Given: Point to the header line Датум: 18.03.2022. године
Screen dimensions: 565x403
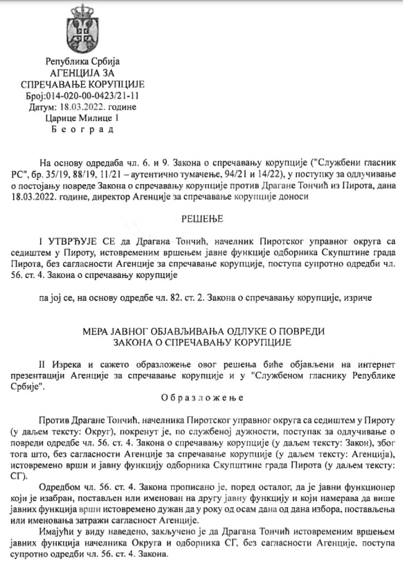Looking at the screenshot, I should tap(82, 107).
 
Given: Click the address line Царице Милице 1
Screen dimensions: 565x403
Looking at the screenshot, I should tap(82, 118).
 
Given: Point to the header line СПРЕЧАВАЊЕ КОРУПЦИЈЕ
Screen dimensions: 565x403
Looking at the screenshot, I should tap(82, 84).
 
